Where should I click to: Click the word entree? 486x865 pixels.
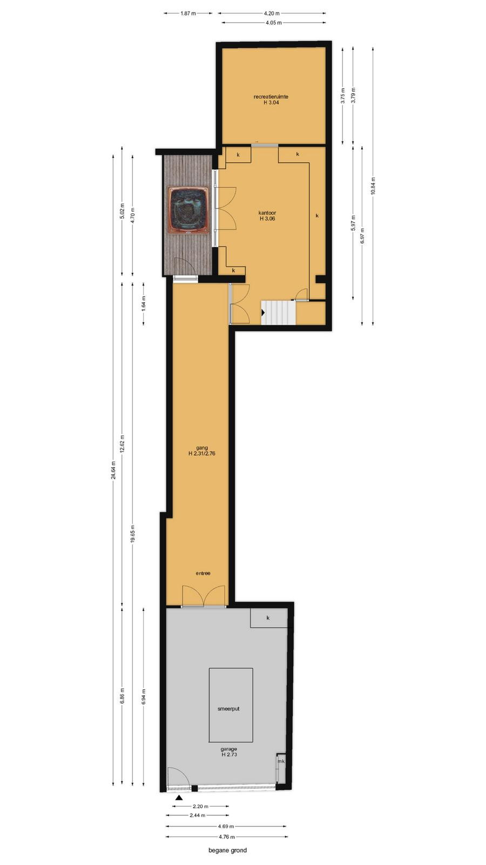click(203, 574)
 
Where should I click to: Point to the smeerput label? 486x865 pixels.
click(229, 709)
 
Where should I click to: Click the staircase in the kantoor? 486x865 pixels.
click(279, 313)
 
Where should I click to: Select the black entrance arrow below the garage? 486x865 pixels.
click(178, 797)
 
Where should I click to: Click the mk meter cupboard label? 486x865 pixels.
click(281, 761)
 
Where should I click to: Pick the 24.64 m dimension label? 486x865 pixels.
click(113, 470)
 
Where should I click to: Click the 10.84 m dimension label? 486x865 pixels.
click(373, 186)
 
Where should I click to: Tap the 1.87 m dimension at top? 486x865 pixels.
click(188, 14)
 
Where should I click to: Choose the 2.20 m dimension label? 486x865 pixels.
click(200, 806)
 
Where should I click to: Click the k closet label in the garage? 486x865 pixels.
click(268, 618)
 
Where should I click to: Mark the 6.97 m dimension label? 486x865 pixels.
click(362, 236)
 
